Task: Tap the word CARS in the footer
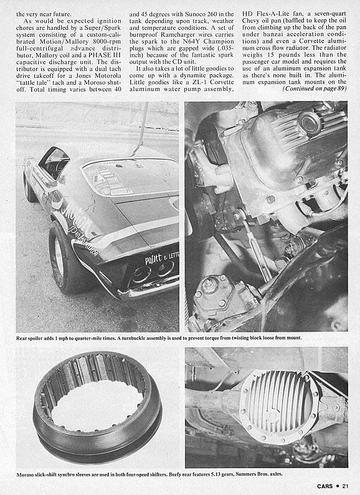[x=325, y=486]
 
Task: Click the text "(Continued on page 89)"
[x=315, y=89]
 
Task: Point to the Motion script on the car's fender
[x=77, y=214]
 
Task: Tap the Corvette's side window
[x=54, y=162]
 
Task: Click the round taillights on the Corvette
[x=153, y=272]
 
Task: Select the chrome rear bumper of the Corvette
[x=148, y=289]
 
